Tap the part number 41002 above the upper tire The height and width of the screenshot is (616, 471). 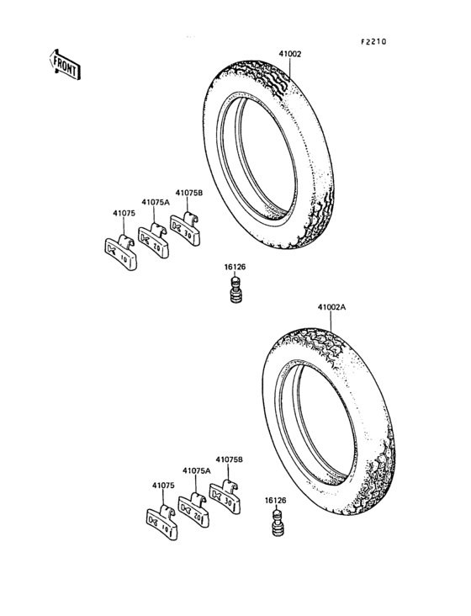click(x=289, y=54)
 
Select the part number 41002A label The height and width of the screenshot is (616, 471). click(x=331, y=308)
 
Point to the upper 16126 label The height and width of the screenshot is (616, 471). click(x=234, y=268)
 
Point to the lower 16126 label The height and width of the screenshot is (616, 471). click(x=276, y=500)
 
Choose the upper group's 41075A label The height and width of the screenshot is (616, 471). click(x=155, y=203)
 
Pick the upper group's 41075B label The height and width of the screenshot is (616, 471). click(x=188, y=193)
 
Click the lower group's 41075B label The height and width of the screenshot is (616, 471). click(x=229, y=459)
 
